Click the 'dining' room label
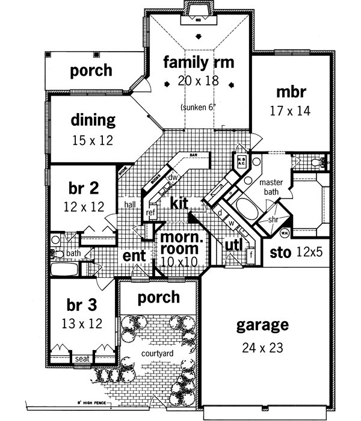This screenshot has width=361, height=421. [x=93, y=120]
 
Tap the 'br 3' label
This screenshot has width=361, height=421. [x=79, y=304]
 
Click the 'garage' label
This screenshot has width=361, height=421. [x=262, y=326]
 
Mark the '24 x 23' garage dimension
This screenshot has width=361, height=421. [x=262, y=347]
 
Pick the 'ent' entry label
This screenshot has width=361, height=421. [x=134, y=256]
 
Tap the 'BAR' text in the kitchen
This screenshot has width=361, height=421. [x=194, y=155]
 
